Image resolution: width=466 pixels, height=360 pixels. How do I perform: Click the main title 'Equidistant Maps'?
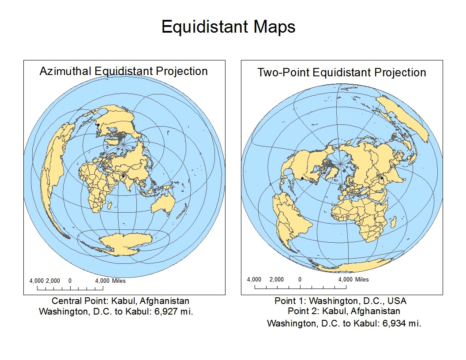coord(228,27)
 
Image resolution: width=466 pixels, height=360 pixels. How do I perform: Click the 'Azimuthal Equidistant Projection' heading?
coord(124,71)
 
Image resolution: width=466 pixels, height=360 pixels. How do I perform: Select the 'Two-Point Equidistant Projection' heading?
coord(342,72)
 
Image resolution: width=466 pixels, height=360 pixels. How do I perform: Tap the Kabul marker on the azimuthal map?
coord(123,176)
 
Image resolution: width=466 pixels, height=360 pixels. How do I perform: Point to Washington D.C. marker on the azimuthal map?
coord(98,125)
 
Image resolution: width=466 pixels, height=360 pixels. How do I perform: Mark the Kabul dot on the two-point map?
coord(382,178)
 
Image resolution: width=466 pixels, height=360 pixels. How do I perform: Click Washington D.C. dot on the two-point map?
coord(302,178)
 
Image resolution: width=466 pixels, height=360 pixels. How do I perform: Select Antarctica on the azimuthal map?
coord(126,242)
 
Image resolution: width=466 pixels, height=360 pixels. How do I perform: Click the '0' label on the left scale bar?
coord(70,281)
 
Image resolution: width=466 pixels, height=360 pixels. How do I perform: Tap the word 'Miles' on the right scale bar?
coord(362,279)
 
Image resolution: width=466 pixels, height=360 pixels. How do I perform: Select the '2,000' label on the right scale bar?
coord(277,279)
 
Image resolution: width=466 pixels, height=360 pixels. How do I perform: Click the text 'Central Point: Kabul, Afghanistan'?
coord(120,301)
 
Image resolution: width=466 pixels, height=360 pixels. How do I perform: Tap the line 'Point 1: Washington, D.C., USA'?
coord(340,301)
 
